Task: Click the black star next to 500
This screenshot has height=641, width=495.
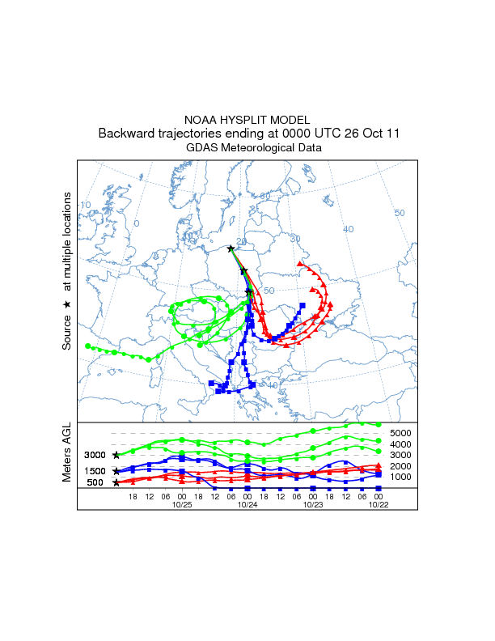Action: click(116, 482)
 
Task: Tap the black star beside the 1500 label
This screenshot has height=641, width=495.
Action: click(116, 470)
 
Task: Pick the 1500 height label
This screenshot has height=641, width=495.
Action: click(96, 471)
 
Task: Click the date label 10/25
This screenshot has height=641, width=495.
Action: click(182, 504)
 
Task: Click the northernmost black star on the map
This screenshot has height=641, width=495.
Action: click(231, 248)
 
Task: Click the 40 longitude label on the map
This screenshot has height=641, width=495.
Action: click(349, 229)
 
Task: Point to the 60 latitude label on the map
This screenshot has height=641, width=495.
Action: click(264, 197)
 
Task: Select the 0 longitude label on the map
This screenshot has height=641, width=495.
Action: click(137, 223)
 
